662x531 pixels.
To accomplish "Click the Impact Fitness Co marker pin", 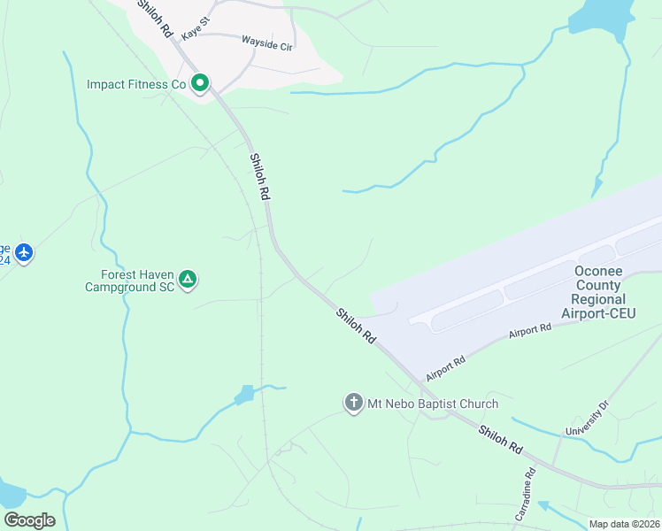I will [x=201, y=84].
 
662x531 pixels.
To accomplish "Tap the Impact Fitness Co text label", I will [x=135, y=85].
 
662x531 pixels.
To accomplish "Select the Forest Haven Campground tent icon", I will [x=188, y=280].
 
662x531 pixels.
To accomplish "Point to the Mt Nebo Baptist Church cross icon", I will [x=353, y=404].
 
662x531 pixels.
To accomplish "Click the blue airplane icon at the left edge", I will [x=24, y=253].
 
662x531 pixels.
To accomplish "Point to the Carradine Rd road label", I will [x=525, y=494].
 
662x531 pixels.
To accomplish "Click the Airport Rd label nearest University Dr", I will [x=530, y=331].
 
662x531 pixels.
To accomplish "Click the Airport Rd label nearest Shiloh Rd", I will [x=445, y=367].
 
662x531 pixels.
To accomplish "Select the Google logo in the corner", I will [x=29, y=519].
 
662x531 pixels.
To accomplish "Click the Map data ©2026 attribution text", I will [x=625, y=524].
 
